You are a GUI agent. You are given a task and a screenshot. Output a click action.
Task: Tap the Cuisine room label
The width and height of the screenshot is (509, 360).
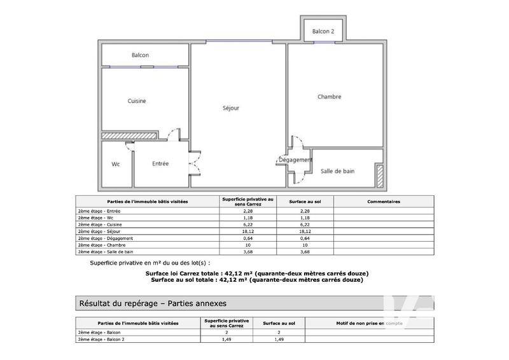click(137, 101)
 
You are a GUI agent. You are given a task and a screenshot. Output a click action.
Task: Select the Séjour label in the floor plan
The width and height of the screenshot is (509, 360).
click(230, 108)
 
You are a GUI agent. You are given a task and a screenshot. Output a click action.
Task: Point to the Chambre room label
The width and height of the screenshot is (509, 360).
click(330, 97)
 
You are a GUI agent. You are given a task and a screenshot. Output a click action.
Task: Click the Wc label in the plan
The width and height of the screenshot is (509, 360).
click(116, 164)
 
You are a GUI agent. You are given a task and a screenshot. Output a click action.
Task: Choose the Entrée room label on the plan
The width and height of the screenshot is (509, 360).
click(160, 163)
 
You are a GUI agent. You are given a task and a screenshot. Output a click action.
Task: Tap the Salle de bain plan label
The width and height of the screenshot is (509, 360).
click(338, 171)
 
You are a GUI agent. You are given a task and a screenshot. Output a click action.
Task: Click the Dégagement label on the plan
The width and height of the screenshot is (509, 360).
click(295, 160)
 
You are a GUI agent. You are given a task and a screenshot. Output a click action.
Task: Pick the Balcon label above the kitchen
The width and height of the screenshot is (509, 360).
click(140, 55)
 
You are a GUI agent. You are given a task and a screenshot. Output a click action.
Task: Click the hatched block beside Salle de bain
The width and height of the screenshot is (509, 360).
click(379, 176)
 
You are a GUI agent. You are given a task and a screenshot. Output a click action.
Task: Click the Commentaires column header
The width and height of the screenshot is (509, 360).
click(384, 202)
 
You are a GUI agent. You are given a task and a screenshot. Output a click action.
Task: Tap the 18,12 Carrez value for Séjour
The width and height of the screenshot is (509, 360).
click(248, 232)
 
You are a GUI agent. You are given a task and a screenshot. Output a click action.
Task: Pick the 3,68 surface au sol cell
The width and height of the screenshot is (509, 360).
click(304, 252)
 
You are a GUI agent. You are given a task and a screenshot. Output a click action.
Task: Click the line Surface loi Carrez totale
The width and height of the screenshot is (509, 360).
click(257, 273)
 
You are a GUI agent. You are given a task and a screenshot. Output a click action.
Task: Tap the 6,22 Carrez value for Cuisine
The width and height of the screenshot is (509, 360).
click(248, 225)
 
